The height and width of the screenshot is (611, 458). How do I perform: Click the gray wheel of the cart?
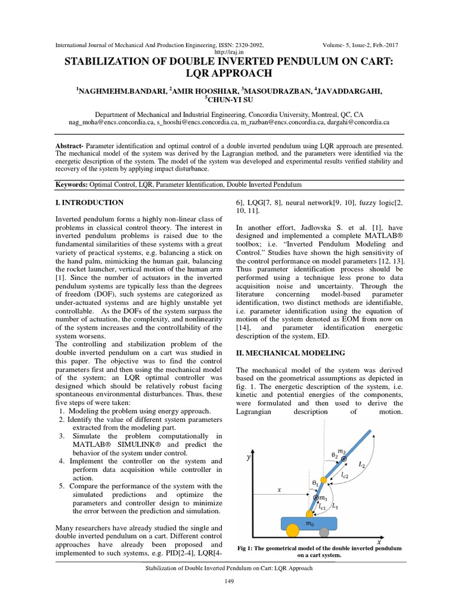point(323,532)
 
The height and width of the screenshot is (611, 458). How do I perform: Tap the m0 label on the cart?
point(309,523)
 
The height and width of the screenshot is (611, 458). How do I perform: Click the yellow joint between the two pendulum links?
point(323,480)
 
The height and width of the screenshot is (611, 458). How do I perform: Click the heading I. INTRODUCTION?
point(89,203)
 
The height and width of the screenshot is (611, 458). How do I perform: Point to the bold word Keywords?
point(71,186)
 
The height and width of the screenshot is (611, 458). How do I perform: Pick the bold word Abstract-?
point(70,145)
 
